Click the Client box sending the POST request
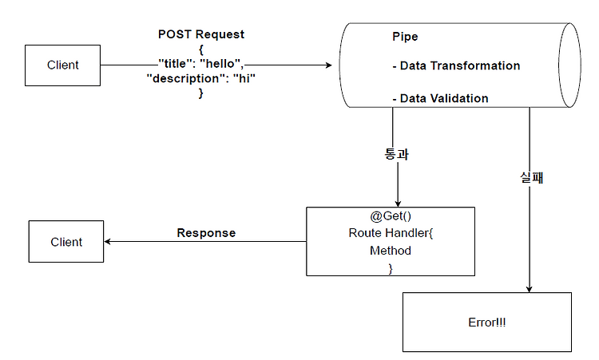[x=62, y=65]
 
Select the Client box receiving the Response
[x=66, y=241]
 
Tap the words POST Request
[x=201, y=34]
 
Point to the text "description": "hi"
[x=201, y=79]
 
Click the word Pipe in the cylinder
[x=405, y=37]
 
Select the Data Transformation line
[x=456, y=65]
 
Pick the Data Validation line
[x=440, y=98]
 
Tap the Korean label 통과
[x=396, y=154]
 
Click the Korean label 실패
[x=531, y=177]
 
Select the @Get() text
[x=391, y=216]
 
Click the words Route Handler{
[x=391, y=233]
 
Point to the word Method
[x=391, y=251]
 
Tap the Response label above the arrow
[x=206, y=233]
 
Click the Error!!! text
[x=487, y=322]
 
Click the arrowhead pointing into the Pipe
[x=328, y=65]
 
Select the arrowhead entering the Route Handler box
[x=398, y=204]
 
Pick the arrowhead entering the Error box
[x=529, y=289]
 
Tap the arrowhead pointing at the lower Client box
[x=108, y=241]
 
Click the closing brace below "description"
[x=201, y=93]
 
